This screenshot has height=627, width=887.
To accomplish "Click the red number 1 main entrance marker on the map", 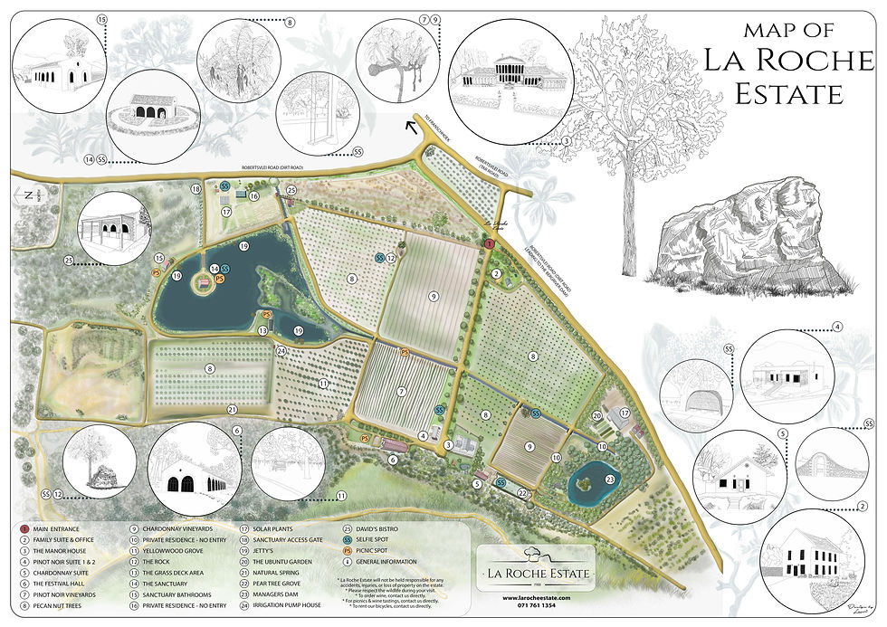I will [x=489, y=244].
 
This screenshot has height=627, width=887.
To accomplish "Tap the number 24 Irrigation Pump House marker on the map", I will [x=281, y=350].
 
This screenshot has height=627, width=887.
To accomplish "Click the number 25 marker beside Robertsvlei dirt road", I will [x=291, y=190].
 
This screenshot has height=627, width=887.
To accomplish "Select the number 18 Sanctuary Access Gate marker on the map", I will [x=196, y=189].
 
